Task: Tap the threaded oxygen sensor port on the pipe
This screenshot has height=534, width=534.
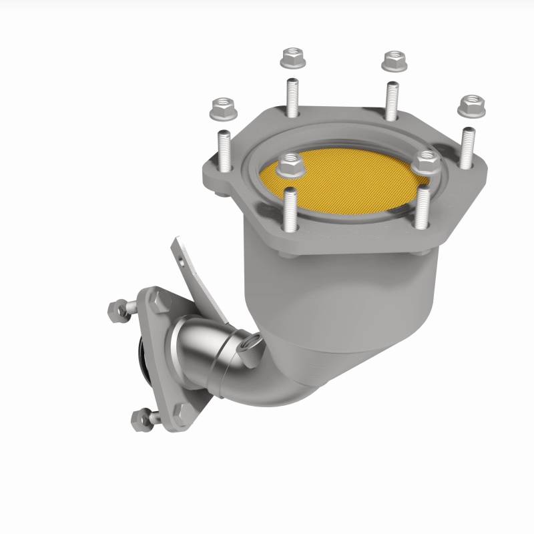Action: click(252, 344)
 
